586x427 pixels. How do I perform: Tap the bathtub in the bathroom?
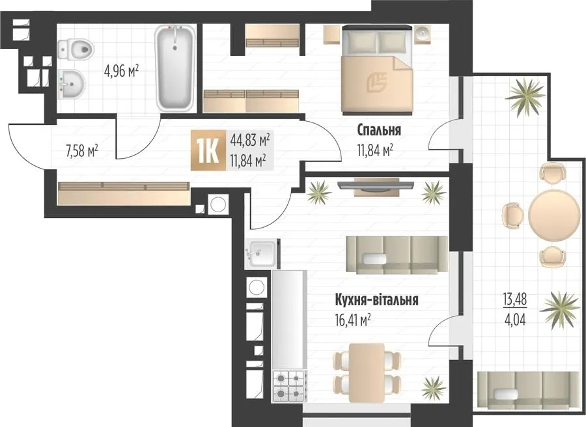(175, 68)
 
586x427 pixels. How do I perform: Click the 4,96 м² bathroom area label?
(122, 70)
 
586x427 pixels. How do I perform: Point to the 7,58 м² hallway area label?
(81, 152)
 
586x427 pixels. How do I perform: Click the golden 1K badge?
(208, 150)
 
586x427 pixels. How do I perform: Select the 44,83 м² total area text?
(251, 141)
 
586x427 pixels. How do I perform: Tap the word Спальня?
(379, 131)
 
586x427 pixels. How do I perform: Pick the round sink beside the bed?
(423, 34)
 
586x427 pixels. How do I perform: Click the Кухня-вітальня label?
(376, 300)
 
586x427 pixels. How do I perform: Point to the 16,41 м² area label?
(353, 320)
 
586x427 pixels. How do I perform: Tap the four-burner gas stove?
(290, 386)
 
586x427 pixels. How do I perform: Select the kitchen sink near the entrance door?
(261, 254)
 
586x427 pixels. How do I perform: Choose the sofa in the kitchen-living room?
(397, 255)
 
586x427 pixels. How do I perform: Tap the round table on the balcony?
(554, 216)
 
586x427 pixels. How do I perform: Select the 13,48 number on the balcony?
(514, 300)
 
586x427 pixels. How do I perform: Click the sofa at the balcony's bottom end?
(529, 390)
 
